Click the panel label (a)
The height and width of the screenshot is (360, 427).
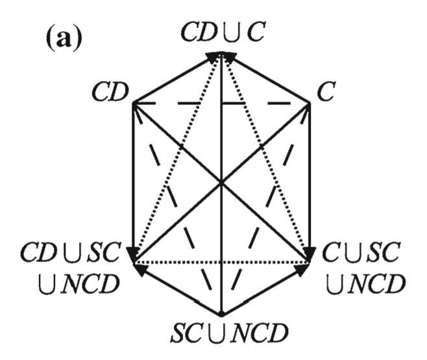[x=64, y=40]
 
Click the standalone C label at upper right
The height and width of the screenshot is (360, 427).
[x=327, y=92]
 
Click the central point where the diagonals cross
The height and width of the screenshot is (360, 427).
[x=221, y=184]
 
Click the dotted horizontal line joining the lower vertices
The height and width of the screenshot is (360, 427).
[x=221, y=263]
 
